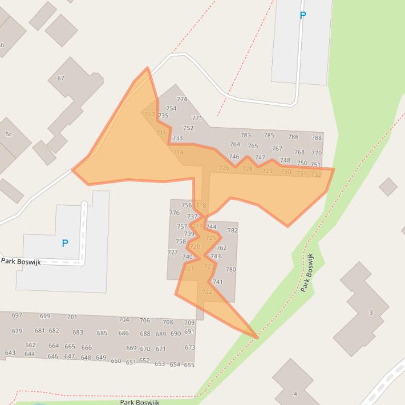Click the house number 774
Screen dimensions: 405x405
pos(182,99)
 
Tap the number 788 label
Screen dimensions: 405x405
pos(316,138)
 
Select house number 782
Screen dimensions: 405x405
pos(232,230)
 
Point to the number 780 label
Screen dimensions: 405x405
pos(231,269)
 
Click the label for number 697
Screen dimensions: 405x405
pos(17,315)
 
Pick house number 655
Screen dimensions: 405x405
pos(189,364)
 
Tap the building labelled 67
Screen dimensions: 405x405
pos(61,78)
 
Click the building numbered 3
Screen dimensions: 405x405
pos(370,312)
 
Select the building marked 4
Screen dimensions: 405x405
pos(295,393)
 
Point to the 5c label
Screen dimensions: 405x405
pos(8,134)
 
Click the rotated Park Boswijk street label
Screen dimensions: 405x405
pos(307,272)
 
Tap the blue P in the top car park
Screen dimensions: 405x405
pos(302,16)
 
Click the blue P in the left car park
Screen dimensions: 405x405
pos(65,243)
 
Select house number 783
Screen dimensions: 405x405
pos(245,135)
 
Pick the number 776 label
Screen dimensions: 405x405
pos(174,213)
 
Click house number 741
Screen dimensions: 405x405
pos(218,282)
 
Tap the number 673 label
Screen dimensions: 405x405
pos(190,347)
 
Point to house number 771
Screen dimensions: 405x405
pos(197,118)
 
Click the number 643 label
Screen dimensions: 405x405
pos(10,353)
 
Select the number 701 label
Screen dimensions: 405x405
pos(72,317)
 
